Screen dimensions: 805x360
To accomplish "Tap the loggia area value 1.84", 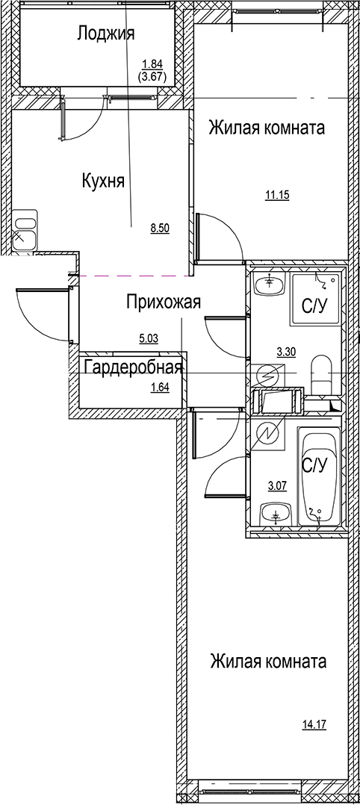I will [x=152, y=63].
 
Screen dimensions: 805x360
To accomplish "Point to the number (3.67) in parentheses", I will [x=152, y=75].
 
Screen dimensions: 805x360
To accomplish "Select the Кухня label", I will [x=102, y=181].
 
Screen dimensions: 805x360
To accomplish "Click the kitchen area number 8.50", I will [x=161, y=229].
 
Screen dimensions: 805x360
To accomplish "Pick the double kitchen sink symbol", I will [x=25, y=230].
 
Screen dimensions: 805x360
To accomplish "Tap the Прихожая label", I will [x=163, y=302].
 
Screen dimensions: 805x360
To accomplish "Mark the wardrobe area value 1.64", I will [x=161, y=387].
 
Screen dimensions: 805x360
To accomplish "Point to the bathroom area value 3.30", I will [x=287, y=349].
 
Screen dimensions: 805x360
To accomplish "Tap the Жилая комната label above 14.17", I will [x=267, y=662].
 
